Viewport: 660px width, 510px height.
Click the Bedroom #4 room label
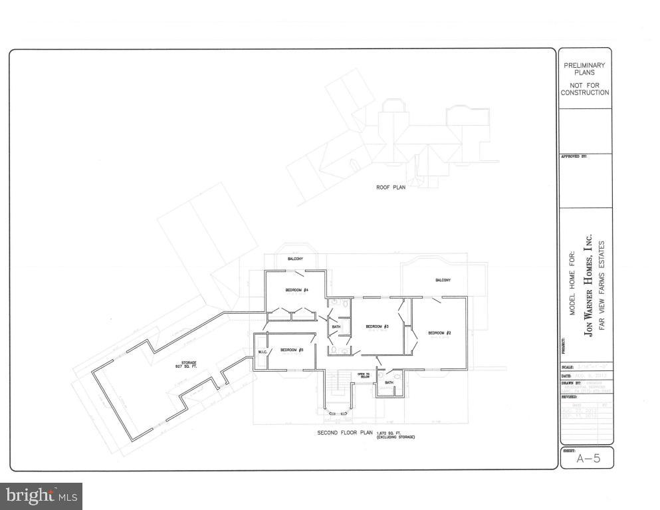[296, 290]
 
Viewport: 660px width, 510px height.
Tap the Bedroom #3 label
[376, 326]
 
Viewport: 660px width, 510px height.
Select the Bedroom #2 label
[439, 332]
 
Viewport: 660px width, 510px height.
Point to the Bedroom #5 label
[292, 350]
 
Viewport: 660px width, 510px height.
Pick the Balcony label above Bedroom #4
[295, 258]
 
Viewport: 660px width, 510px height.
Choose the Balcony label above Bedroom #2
[443, 280]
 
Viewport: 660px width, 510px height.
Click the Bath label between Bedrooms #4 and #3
[336, 326]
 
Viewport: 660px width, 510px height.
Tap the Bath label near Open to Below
[389, 382]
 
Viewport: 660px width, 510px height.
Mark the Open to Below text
[364, 376]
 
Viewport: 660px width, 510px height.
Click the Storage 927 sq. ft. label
[189, 364]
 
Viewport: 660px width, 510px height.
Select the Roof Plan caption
[391, 187]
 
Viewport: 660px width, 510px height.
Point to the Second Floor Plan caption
[344, 433]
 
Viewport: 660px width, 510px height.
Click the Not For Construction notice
[584, 89]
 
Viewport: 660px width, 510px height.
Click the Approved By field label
[575, 156]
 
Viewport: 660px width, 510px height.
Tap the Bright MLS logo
[41, 496]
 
